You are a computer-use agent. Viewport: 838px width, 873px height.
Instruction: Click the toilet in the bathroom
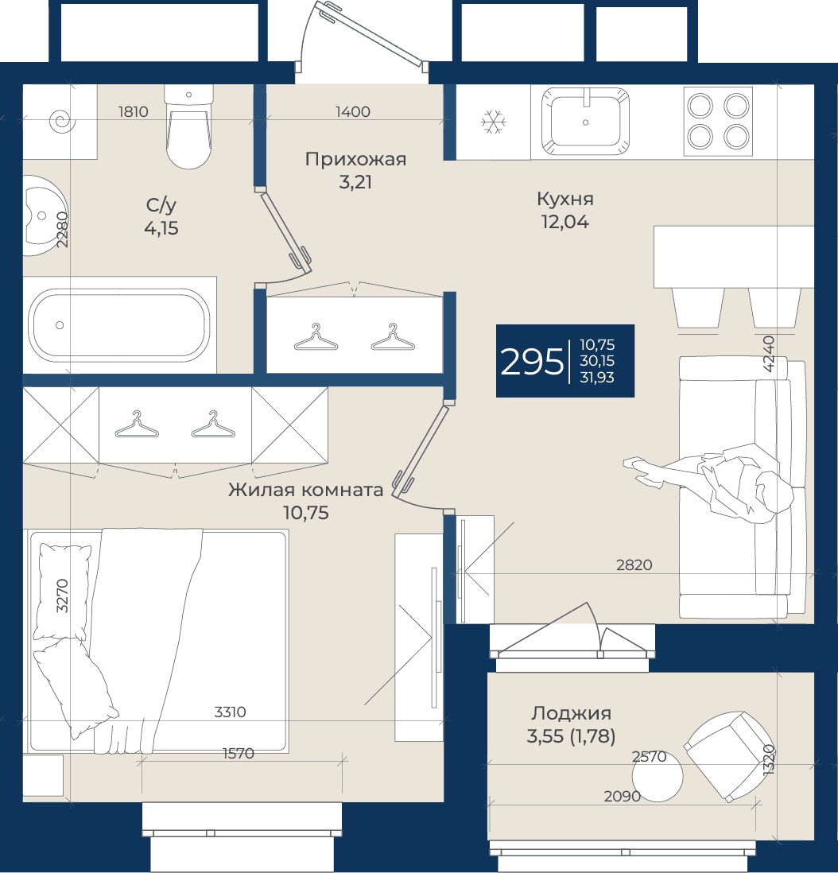[188, 126]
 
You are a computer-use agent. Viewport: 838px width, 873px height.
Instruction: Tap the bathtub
[119, 325]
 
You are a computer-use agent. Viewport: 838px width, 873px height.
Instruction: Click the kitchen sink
[585, 121]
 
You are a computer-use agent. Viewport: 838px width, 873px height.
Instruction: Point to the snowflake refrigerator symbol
[493, 122]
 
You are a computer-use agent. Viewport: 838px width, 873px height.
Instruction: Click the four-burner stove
[718, 122]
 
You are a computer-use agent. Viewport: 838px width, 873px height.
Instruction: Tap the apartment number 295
[532, 362]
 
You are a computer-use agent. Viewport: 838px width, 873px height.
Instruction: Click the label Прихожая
[355, 159]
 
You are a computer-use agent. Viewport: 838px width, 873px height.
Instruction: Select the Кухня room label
[565, 199]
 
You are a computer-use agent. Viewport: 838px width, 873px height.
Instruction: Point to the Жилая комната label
[305, 490]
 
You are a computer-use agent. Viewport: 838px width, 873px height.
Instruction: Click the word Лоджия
[572, 713]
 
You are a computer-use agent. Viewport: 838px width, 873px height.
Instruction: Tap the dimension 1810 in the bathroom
[133, 112]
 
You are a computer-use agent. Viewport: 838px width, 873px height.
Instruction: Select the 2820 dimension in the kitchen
[634, 565]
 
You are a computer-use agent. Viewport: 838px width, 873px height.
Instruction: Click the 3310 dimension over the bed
[230, 712]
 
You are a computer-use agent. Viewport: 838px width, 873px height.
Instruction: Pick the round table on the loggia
[658, 776]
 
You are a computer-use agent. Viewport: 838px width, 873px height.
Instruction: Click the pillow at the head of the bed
[62, 592]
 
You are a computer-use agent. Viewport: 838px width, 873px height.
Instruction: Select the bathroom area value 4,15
[161, 228]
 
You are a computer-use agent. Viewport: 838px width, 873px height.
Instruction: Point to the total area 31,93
[597, 378]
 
